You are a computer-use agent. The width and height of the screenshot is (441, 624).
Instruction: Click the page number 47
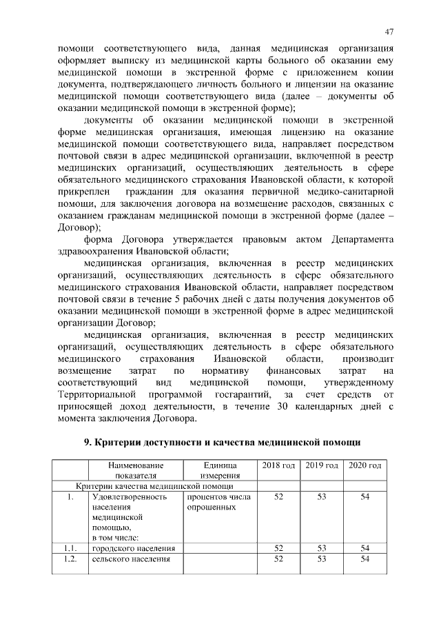coord(389,32)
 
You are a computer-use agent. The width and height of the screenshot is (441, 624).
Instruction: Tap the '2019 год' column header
coord(322,466)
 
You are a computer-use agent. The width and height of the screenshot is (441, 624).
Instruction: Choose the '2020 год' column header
coord(365,466)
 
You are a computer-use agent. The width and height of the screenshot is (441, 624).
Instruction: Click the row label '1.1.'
coord(69,547)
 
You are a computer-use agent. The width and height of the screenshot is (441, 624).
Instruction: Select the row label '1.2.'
coord(69,558)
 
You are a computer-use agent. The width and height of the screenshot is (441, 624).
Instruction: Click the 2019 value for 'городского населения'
coord(322,547)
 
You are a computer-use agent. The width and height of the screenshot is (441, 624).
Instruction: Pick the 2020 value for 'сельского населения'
coord(365,558)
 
